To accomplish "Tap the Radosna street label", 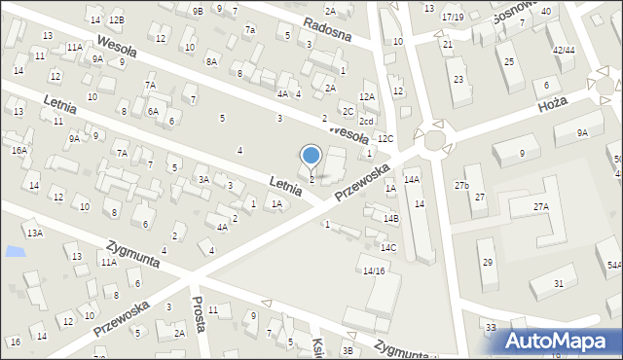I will click(324, 28).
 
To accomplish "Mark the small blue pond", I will click(15, 251).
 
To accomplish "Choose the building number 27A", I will click(540, 206).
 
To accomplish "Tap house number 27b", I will click(462, 185).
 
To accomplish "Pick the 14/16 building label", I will click(375, 270).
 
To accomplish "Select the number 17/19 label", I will click(453, 17).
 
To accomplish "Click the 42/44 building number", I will click(563, 50).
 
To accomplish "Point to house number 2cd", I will click(366, 122).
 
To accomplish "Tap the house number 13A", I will click(34, 234).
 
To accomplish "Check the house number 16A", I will click(19, 150).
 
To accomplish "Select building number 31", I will click(559, 283).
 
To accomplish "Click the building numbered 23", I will click(458, 79).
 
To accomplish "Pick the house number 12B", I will click(117, 19).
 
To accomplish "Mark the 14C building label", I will click(388, 247).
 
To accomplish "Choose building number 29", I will click(487, 263).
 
